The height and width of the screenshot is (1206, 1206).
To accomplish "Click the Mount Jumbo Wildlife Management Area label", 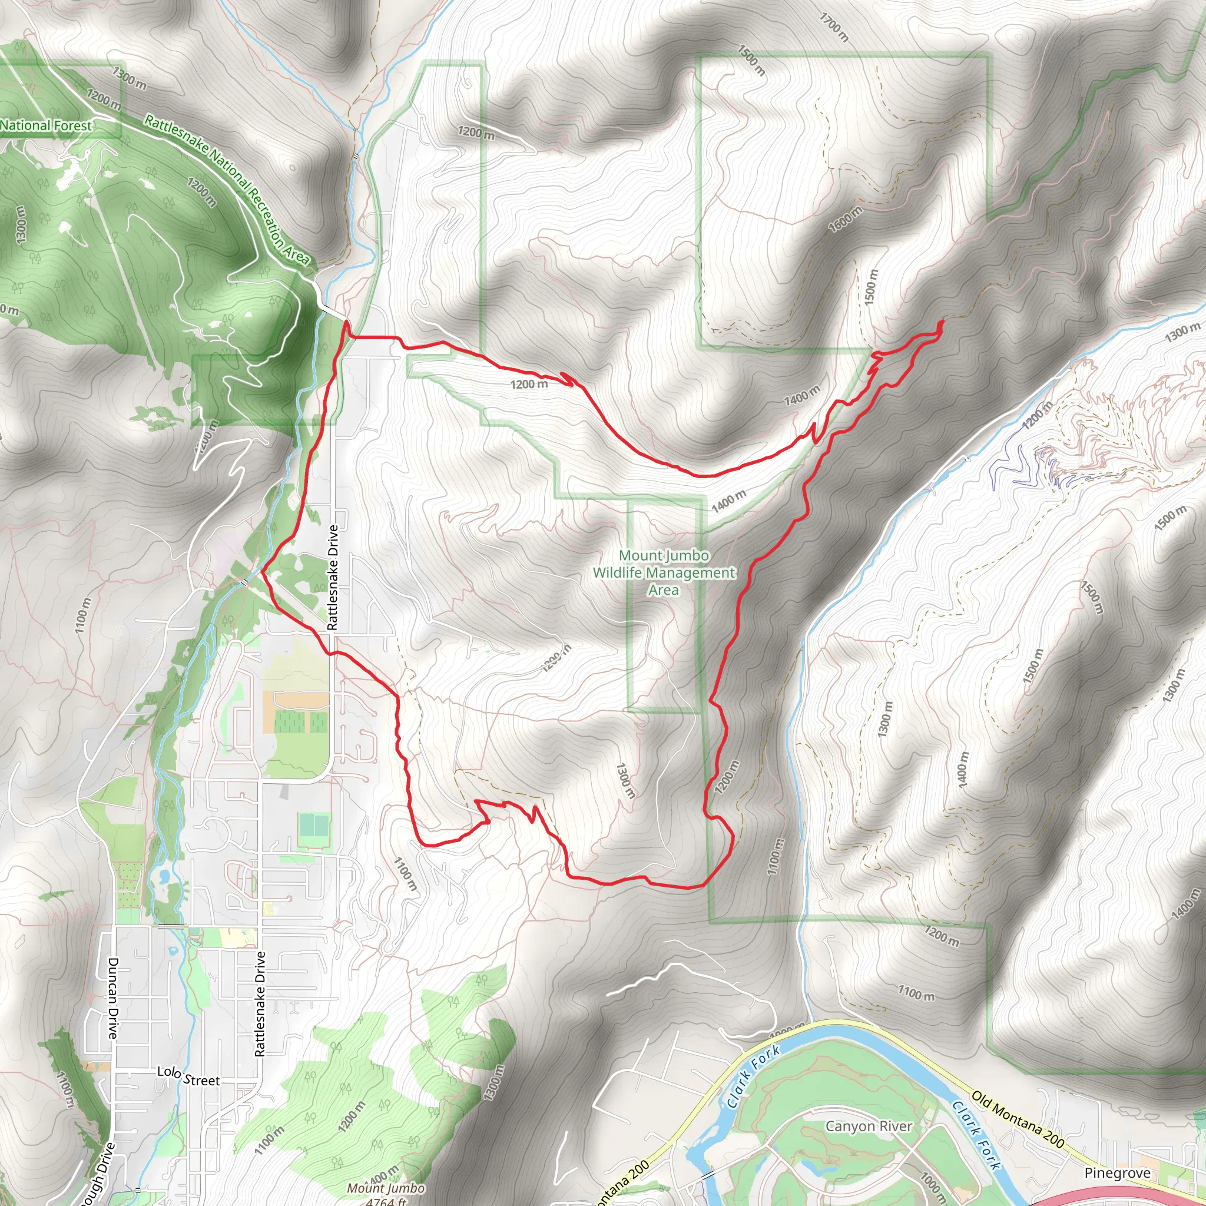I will click(664, 572).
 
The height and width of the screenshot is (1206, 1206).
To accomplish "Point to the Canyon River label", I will click(869, 1126).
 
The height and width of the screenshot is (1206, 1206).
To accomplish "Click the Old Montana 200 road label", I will click(1018, 1120).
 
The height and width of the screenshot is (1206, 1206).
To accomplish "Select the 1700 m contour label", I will click(833, 28).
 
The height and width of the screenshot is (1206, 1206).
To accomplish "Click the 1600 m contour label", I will click(846, 219).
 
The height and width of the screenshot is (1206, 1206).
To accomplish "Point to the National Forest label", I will click(45, 125).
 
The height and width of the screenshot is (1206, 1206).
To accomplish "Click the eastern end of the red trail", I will click(942, 321).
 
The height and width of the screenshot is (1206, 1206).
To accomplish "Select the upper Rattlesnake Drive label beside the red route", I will click(333, 578).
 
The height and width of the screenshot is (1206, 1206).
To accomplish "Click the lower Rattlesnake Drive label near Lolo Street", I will click(260, 1005).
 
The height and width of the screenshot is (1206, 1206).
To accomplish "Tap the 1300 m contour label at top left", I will click(129, 79).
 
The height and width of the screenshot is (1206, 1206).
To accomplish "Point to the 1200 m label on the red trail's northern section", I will click(529, 384).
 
